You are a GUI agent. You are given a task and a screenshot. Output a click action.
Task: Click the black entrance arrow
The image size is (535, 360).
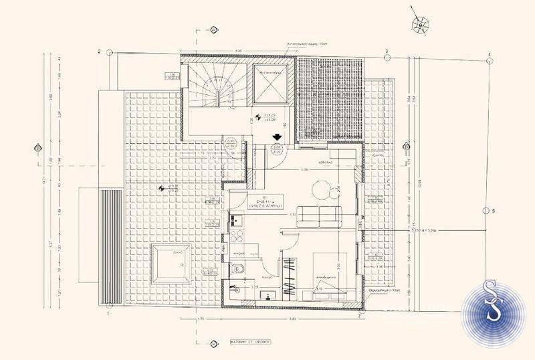pos(275,139)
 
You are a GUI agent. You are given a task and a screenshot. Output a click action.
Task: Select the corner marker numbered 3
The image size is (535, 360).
pos(386,52)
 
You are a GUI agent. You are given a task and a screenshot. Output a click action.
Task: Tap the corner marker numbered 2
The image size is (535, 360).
pos(99,52)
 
